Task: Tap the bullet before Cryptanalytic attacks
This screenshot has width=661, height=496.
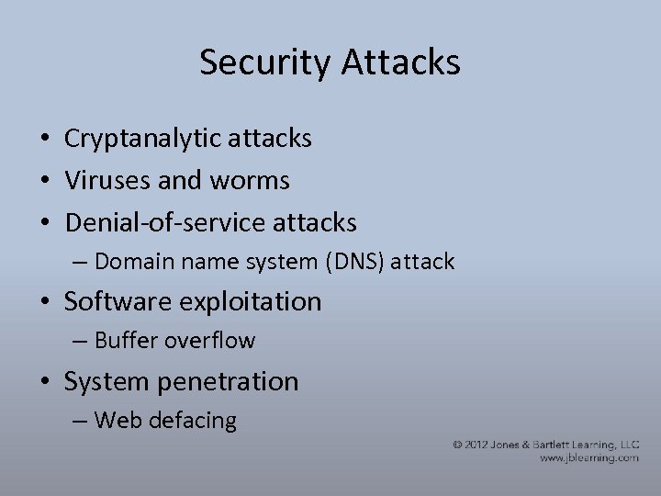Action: tap(44, 141)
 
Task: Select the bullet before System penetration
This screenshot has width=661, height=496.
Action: tap(44, 382)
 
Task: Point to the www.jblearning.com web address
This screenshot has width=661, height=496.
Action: tap(588, 457)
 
